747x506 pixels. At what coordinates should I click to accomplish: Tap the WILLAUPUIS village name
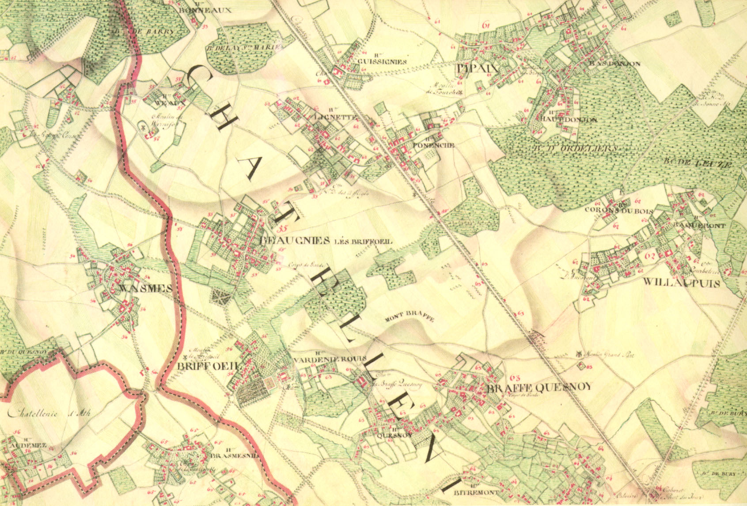681,283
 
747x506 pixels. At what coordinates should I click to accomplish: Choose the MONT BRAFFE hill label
410,319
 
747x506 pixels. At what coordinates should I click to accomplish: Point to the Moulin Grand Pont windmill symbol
579,354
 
